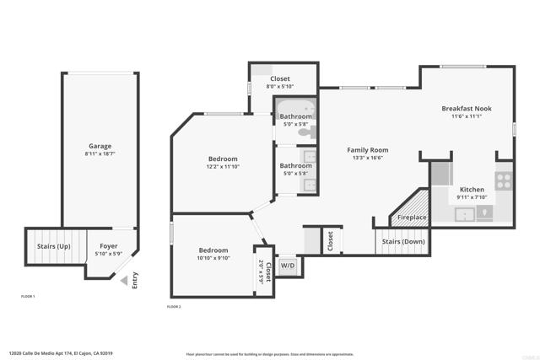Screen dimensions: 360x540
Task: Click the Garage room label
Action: (100, 146)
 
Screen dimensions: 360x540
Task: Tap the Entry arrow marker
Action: (124, 281)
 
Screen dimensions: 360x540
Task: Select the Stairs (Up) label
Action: (52, 246)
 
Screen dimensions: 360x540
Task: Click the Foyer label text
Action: (109, 246)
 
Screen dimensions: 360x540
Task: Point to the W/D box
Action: (288, 265)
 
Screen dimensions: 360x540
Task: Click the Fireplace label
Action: (412, 218)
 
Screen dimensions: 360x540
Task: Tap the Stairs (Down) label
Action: (403, 242)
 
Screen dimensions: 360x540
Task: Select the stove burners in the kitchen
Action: (504, 179)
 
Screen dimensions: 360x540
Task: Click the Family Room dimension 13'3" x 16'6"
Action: (365, 158)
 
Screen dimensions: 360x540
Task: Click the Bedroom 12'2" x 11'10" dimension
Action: (223, 167)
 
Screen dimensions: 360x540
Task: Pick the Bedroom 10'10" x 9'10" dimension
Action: (213, 259)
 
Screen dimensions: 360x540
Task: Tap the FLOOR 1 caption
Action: (28, 297)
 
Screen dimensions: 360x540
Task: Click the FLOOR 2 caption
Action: (174, 307)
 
